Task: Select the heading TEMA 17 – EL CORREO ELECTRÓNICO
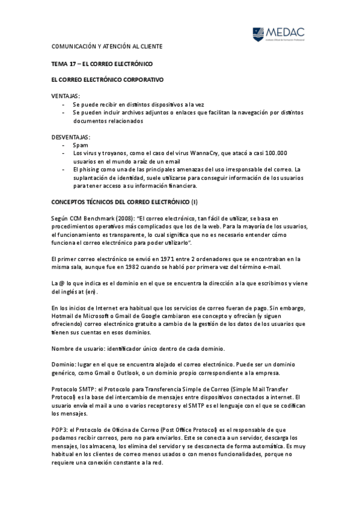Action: [x=102, y=63]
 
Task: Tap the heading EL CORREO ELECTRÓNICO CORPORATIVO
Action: [x=108, y=79]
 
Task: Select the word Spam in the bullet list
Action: [x=80, y=146]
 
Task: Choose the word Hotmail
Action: [x=64, y=316]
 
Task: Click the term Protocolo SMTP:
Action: [x=75, y=390]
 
